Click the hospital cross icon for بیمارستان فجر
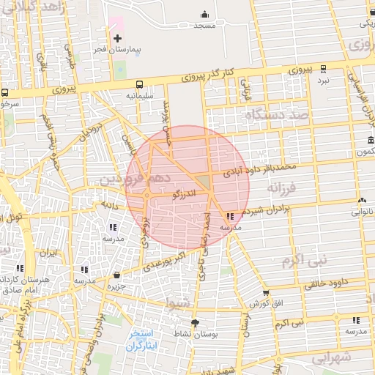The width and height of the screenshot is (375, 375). coord(116,37)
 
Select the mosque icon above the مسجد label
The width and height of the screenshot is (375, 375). coord(204,14)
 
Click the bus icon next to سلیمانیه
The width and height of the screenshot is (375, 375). coord(139,84)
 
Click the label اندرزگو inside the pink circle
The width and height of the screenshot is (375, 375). coord(183,194)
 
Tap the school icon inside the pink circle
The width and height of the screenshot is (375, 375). coord(231,217)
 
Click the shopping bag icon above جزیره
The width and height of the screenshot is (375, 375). coord(117,275)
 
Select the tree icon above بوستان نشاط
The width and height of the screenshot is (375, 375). coord(195,323)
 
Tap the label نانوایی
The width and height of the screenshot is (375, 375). coord(360,212)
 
